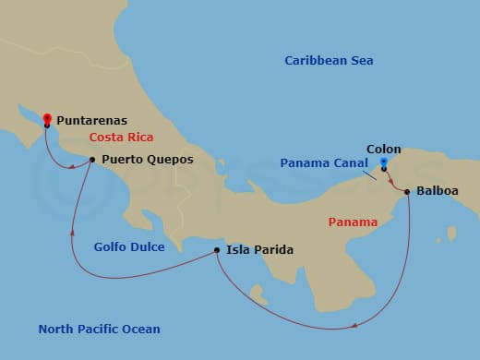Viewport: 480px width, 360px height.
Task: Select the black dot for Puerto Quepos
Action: (92, 160)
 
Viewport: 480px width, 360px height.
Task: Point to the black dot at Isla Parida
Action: (216, 250)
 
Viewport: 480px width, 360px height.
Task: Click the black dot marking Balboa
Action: (407, 192)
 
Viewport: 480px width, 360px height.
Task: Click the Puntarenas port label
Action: (91, 120)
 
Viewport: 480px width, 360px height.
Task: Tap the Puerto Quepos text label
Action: (148, 159)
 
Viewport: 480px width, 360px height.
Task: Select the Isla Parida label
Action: (260, 250)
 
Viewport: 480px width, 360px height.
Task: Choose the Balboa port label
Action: (437, 193)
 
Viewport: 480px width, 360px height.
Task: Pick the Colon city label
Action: (383, 148)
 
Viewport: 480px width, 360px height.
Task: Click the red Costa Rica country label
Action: (120, 138)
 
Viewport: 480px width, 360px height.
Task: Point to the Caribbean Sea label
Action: (329, 61)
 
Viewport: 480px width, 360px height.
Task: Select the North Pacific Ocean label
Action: (99, 330)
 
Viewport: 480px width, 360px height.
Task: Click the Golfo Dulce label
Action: (129, 247)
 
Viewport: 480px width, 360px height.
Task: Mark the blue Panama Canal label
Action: (323, 163)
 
